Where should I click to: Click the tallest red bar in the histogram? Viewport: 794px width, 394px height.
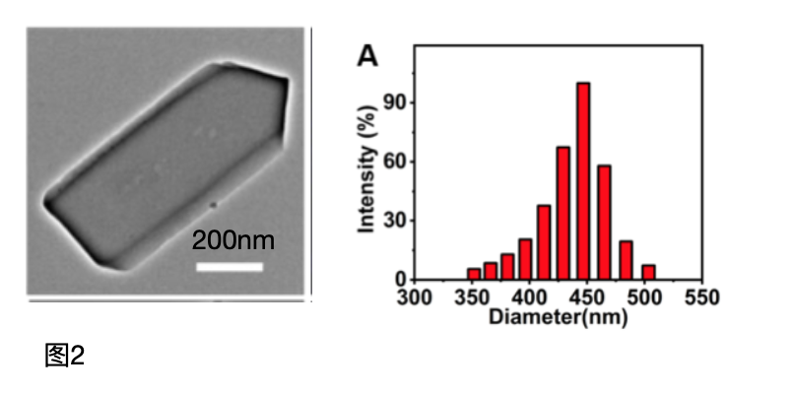[x=583, y=181]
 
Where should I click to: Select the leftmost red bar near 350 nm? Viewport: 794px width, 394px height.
[x=474, y=274]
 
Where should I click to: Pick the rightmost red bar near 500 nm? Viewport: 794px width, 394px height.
[x=648, y=272]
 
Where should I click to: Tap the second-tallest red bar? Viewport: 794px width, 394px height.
[x=563, y=213]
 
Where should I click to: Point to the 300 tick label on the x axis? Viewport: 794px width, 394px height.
[x=416, y=296]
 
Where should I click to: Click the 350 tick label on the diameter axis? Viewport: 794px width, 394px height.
[x=473, y=296]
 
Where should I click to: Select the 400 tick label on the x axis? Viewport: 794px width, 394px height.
[x=530, y=296]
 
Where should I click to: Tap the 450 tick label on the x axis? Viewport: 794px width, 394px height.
[x=587, y=296]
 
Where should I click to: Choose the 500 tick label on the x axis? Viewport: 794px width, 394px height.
[x=644, y=296]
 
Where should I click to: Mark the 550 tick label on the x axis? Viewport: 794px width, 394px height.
[x=701, y=296]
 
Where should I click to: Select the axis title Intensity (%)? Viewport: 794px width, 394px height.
[x=367, y=184]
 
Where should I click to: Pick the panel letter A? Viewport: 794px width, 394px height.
[x=367, y=57]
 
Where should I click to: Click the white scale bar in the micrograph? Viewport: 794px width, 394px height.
[x=229, y=266]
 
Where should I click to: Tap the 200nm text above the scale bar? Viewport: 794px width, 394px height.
[x=232, y=239]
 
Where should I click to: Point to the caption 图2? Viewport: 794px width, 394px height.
[x=65, y=356]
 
